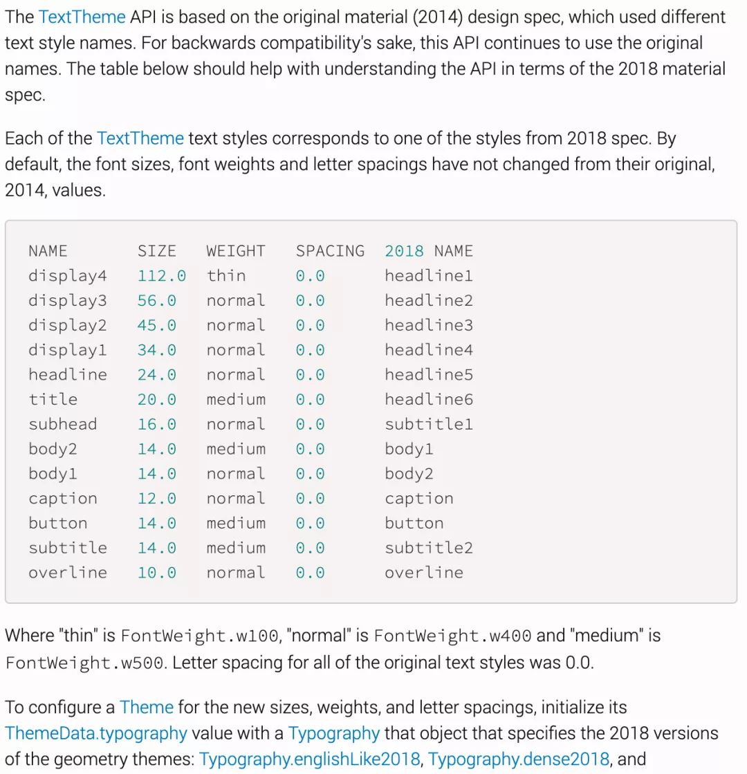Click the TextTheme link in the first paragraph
click(x=82, y=17)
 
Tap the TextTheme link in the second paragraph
click(x=140, y=138)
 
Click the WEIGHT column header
click(x=235, y=251)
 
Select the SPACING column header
click(x=330, y=251)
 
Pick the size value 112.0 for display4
click(x=161, y=276)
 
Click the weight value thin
click(x=225, y=276)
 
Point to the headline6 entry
click(x=428, y=400)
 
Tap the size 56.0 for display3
click(x=156, y=301)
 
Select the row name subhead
click(x=62, y=425)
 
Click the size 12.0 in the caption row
click(x=156, y=499)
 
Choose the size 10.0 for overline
click(x=156, y=573)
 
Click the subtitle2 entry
click(x=428, y=549)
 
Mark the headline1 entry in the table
click(x=428, y=276)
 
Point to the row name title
click(x=53, y=400)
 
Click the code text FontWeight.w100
click(x=199, y=636)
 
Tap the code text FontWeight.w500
click(x=85, y=663)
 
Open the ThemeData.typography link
click(x=96, y=733)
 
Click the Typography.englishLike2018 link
click(x=309, y=759)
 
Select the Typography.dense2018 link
click(x=518, y=759)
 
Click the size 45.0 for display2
click(x=156, y=326)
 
